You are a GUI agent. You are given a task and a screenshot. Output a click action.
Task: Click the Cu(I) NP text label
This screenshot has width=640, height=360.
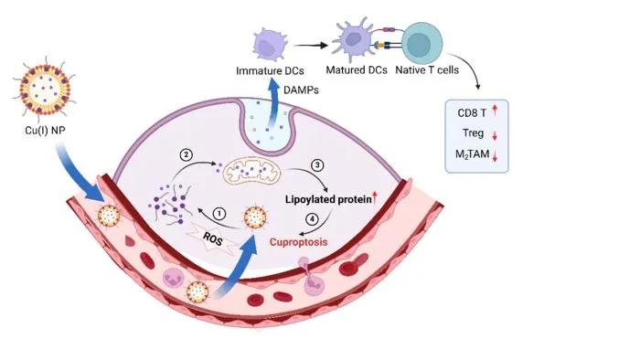45,131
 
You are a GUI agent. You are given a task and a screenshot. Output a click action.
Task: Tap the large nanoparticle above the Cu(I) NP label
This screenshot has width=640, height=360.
45,89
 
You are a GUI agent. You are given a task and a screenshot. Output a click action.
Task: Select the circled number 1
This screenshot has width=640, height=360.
219,214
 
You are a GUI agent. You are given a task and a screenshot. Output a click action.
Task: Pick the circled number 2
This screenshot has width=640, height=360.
187,155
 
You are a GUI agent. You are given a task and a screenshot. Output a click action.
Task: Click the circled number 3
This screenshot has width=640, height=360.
317,165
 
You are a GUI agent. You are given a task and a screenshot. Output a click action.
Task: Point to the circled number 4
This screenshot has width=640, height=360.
312,219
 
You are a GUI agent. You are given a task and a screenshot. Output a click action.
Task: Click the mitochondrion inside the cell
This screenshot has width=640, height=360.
251,171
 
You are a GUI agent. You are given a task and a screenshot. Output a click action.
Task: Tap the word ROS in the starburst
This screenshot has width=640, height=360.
213,238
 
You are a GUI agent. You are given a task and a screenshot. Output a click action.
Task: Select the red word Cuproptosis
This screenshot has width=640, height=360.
298,242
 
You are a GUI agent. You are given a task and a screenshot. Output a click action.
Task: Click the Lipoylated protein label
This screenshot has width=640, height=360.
328,199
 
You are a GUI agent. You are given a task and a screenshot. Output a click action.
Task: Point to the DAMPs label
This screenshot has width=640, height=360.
301,90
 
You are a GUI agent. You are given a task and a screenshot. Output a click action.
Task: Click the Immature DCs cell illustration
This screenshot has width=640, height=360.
269,44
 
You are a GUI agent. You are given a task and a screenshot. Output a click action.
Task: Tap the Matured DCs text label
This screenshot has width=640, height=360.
357,70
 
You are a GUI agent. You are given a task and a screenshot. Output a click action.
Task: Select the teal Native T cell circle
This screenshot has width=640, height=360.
421,43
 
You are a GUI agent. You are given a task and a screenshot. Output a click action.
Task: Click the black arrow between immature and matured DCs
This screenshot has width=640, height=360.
311,46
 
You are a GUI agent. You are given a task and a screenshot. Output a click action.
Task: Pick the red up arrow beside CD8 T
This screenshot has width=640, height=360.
495,110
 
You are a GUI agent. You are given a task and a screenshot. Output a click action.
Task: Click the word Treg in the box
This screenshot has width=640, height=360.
473,133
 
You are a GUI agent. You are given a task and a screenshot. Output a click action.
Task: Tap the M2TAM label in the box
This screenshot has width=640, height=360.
473,154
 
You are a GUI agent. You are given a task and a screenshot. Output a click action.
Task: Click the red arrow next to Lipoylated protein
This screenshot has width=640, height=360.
375,198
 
